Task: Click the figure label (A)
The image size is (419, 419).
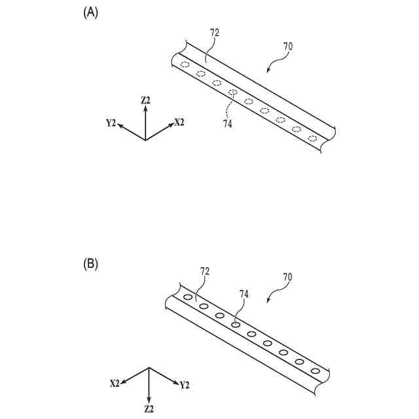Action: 90,12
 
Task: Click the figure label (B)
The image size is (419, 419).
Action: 90,264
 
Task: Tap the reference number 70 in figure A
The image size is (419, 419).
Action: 287,46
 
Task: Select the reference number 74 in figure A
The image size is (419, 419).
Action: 227,124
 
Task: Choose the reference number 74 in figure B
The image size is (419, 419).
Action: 244,295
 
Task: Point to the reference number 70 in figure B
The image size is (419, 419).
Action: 287,277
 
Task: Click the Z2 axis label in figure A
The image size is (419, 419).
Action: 145,100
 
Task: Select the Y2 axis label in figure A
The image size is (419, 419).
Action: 111,122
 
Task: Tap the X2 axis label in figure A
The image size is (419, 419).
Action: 179,122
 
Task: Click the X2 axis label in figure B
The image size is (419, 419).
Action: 115,382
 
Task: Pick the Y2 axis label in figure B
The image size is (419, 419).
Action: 185,385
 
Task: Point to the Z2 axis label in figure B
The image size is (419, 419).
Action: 149,409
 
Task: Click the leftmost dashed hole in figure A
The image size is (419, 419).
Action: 185,64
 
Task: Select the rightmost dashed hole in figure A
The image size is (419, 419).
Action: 312,138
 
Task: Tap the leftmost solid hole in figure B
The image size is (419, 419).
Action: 188,297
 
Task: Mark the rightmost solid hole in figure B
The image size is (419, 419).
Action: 316,371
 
